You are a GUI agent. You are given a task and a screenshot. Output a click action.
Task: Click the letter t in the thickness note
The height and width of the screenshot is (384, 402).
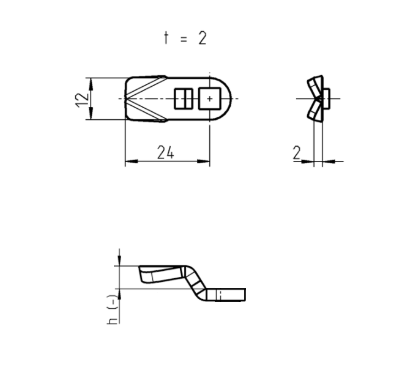pyautogui.click(x=165, y=38)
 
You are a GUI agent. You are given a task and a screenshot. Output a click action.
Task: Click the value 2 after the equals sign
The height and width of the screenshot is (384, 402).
pyautogui.click(x=201, y=38)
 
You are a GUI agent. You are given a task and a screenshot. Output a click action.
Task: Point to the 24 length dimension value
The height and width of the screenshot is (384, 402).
pyautogui.click(x=165, y=153)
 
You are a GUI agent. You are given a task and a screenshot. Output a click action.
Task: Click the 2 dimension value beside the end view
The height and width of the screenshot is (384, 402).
pyautogui.click(x=297, y=153)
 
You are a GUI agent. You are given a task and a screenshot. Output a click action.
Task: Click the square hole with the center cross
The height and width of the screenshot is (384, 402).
pyautogui.click(x=209, y=98)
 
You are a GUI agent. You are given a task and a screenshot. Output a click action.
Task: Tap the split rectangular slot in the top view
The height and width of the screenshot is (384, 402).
pyautogui.click(x=184, y=98)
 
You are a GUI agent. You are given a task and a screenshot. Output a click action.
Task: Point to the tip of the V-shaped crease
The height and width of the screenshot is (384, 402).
pyautogui.click(x=127, y=98)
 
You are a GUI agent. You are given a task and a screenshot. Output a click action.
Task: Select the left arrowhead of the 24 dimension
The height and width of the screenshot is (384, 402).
pyautogui.click(x=129, y=162)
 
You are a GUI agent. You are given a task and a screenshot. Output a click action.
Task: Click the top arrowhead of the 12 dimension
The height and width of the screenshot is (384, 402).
pyautogui.click(x=90, y=82)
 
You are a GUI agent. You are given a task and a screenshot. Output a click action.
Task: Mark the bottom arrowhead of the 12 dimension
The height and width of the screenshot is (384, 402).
pyautogui.click(x=90, y=116)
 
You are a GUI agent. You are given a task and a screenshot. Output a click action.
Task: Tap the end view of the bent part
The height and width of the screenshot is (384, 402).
pyautogui.click(x=317, y=98)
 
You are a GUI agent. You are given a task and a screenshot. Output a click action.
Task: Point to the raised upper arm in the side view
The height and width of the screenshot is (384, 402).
pyautogui.click(x=160, y=272)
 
